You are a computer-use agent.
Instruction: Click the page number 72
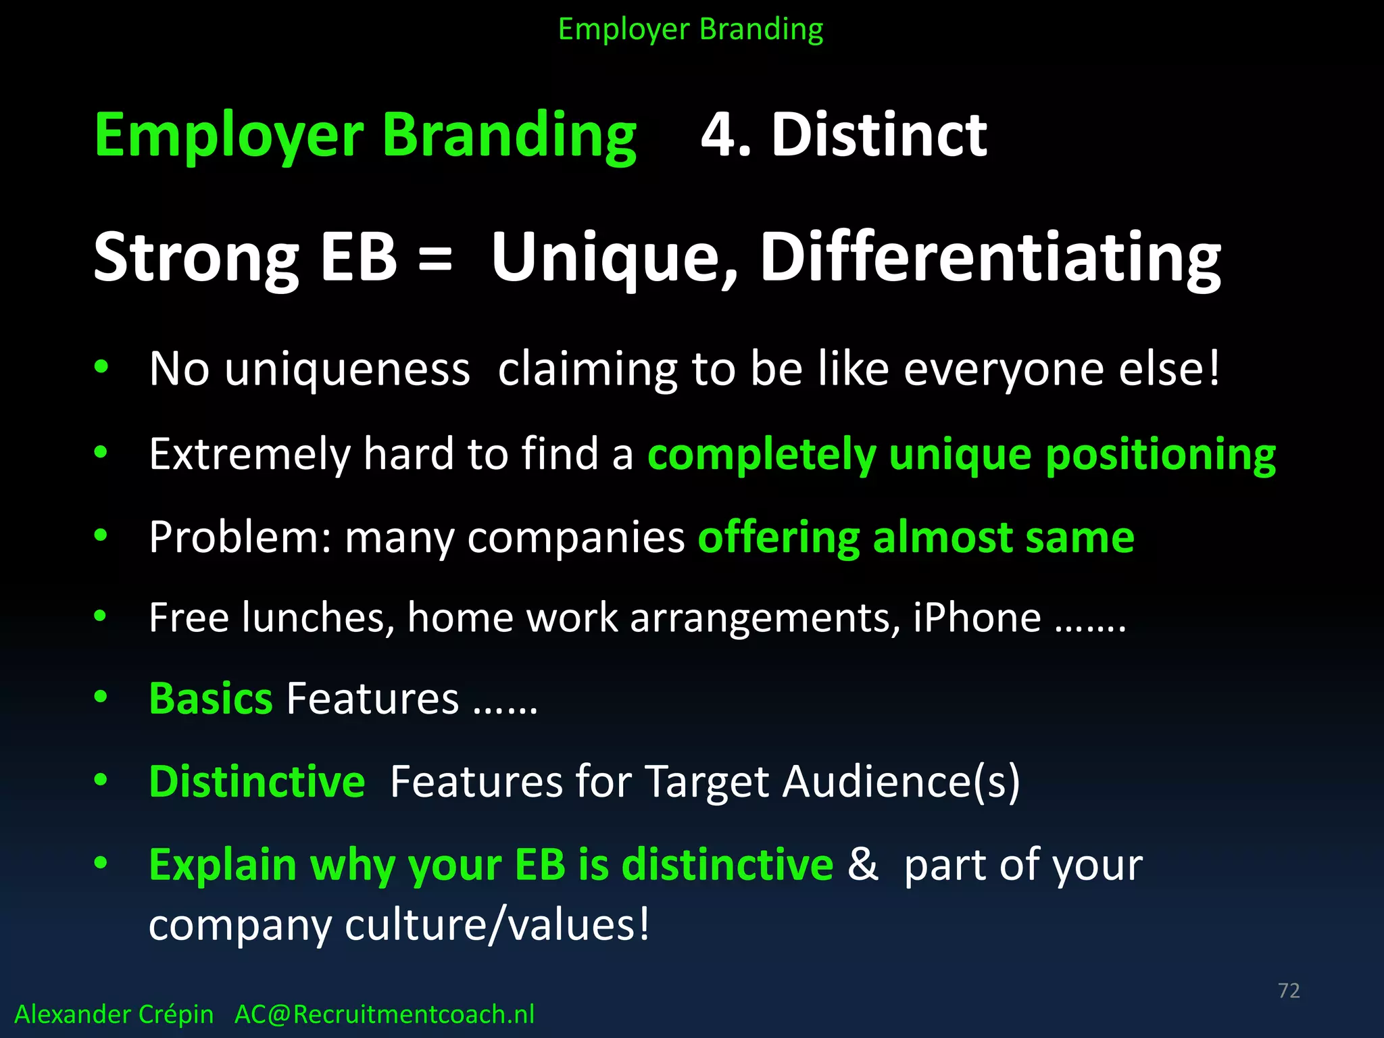pos(1289,991)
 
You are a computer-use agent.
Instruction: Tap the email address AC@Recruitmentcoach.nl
pos(384,1014)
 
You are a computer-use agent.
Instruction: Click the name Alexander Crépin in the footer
pos(114,1014)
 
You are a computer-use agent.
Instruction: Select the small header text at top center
pos(691,30)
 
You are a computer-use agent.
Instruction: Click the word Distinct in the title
pos(879,135)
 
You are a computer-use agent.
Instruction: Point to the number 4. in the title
pos(726,135)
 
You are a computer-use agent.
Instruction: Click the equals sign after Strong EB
pos(435,258)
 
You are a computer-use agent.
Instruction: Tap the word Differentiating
pos(990,259)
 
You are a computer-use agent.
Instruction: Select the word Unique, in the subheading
pos(614,259)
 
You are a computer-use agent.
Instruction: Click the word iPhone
pos(977,618)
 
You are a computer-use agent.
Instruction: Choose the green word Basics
pos(211,698)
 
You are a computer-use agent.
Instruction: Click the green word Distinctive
pos(257,782)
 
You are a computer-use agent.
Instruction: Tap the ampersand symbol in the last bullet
pos(863,864)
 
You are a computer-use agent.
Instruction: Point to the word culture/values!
pos(497,925)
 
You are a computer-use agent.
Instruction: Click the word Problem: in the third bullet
pos(241,538)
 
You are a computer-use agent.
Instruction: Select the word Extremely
pos(249,454)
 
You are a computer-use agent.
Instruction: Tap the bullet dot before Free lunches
pos(101,616)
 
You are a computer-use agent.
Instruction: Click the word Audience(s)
pos(901,783)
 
